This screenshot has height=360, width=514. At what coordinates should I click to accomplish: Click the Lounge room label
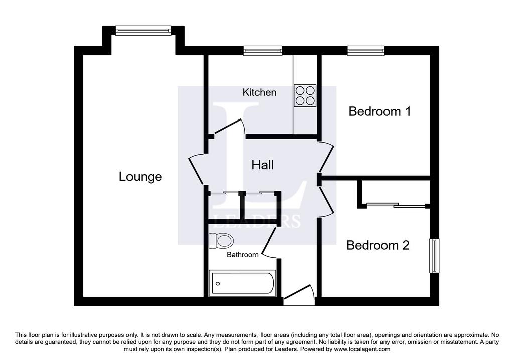pos(140,177)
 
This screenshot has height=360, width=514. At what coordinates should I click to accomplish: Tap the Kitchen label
pos(260,92)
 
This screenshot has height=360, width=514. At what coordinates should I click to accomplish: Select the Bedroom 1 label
pos(379,111)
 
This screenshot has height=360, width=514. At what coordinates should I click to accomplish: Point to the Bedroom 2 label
pos(377,245)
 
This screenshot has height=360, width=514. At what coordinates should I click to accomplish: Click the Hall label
pos(263,165)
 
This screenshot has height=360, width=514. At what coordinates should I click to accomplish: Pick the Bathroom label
pos(242,255)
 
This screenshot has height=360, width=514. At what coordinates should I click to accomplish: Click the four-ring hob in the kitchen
pos(305,96)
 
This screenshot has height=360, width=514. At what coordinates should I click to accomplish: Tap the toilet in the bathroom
pos(221,241)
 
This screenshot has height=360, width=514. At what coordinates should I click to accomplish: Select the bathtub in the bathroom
pos(242,283)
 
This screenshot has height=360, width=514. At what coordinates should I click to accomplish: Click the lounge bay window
pos(143,31)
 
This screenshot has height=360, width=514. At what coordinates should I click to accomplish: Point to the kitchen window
pos(263,50)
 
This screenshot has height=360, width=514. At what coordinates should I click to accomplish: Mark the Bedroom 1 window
pos(366,50)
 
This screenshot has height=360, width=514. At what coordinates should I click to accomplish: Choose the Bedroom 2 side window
pos(434,256)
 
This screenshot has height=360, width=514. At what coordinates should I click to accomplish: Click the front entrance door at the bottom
pos(299,292)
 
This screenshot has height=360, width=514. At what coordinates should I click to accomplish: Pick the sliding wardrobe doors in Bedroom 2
pos(396,205)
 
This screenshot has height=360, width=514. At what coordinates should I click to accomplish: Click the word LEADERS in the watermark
pos(257,221)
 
